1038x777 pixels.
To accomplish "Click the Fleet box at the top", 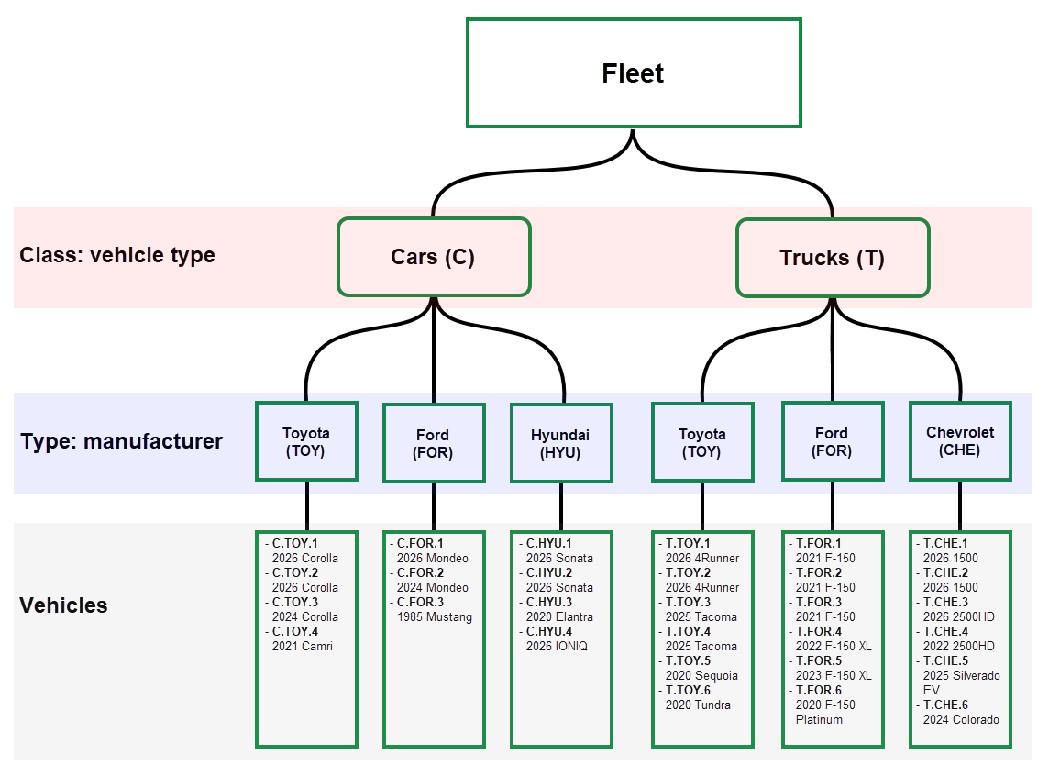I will tap(633, 73).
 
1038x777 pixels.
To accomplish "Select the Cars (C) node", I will tap(434, 257).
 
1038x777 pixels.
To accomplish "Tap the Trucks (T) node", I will tap(833, 258).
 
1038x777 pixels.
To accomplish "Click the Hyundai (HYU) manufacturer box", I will tap(560, 443).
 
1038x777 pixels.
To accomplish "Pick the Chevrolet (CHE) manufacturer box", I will tap(959, 441).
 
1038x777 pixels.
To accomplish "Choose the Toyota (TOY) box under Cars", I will tap(306, 442).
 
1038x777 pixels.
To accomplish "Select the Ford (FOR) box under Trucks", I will tap(833, 442).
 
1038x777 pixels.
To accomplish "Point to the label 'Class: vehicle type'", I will tap(117, 255).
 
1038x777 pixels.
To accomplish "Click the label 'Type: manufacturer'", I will tap(121, 441).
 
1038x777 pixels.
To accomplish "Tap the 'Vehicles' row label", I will tap(63, 605).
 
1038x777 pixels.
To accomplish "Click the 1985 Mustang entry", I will tap(434, 616).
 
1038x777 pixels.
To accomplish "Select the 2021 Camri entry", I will tap(302, 646).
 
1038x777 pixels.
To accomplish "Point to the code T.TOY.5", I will tap(688, 660).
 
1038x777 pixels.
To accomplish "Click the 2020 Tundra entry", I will tap(698, 705).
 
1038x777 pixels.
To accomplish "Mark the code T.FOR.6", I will tap(818, 690).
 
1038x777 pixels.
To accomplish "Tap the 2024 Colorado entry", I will tap(961, 719).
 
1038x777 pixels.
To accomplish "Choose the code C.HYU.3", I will tap(548, 602).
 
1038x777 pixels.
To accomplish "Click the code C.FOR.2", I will tap(420, 572).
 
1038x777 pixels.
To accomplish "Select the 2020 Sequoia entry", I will tap(701, 675).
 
